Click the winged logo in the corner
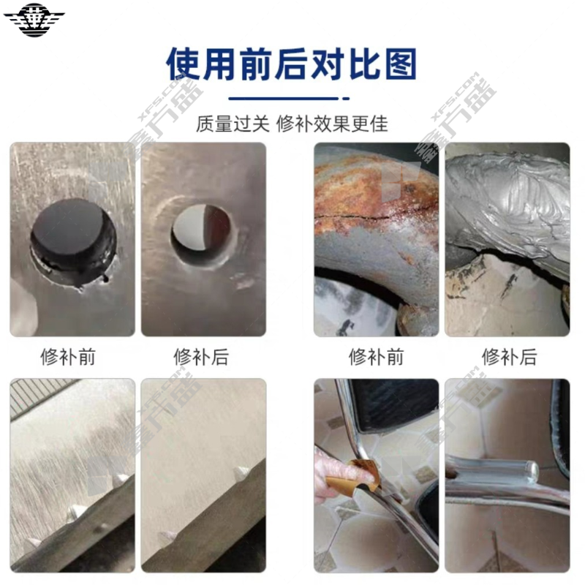coord(34,20)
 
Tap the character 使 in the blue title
coord(184,64)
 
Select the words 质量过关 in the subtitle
coord(233,124)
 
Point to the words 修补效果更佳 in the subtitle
coord(332,124)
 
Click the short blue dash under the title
coord(346,99)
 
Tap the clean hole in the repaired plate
coord(200,234)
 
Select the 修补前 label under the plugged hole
coord(68,357)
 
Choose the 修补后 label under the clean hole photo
coord(201,357)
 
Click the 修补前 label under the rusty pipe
coord(376,357)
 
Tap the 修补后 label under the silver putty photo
coord(509,357)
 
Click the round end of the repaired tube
coord(532,471)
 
